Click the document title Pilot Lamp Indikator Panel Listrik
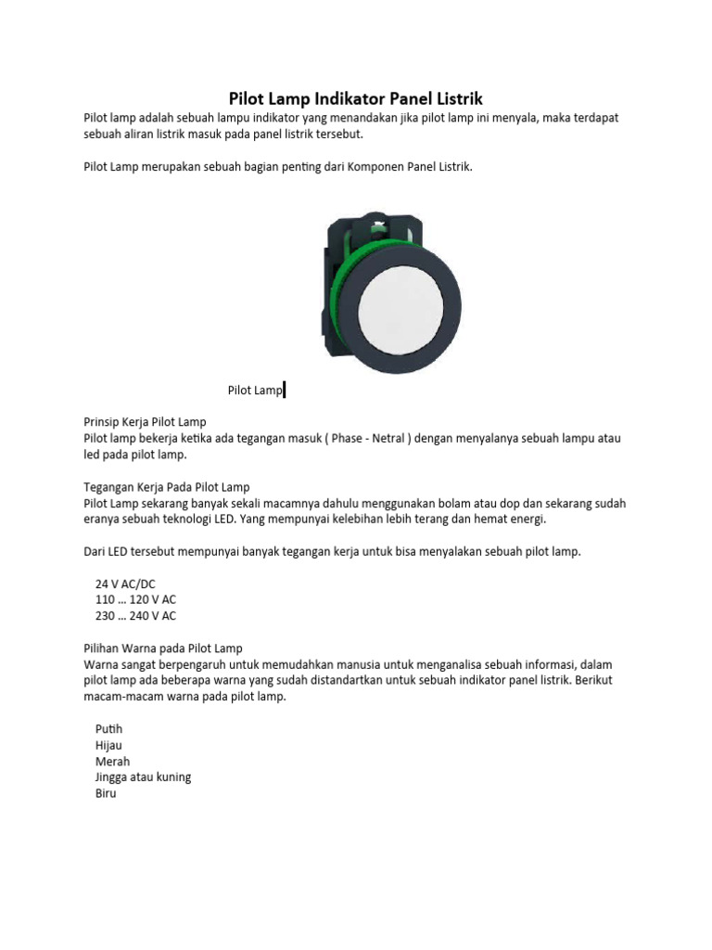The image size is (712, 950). [356, 98]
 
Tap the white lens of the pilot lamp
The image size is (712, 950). [396, 308]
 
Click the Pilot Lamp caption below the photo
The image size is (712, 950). [254, 391]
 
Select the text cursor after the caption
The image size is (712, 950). [284, 391]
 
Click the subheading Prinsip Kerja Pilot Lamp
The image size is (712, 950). [145, 422]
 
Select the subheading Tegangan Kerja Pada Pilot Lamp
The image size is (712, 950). [167, 487]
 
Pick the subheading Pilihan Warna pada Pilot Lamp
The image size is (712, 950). [163, 648]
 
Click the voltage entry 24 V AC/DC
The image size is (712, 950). [125, 584]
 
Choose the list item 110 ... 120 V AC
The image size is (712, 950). [135, 599]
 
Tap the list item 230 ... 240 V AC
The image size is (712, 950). [135, 615]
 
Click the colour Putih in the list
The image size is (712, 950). [108, 729]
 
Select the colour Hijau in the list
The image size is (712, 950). [108, 745]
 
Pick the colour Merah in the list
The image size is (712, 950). [112, 762]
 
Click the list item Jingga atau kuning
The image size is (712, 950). [143, 777]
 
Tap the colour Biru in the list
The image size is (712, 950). [106, 794]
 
